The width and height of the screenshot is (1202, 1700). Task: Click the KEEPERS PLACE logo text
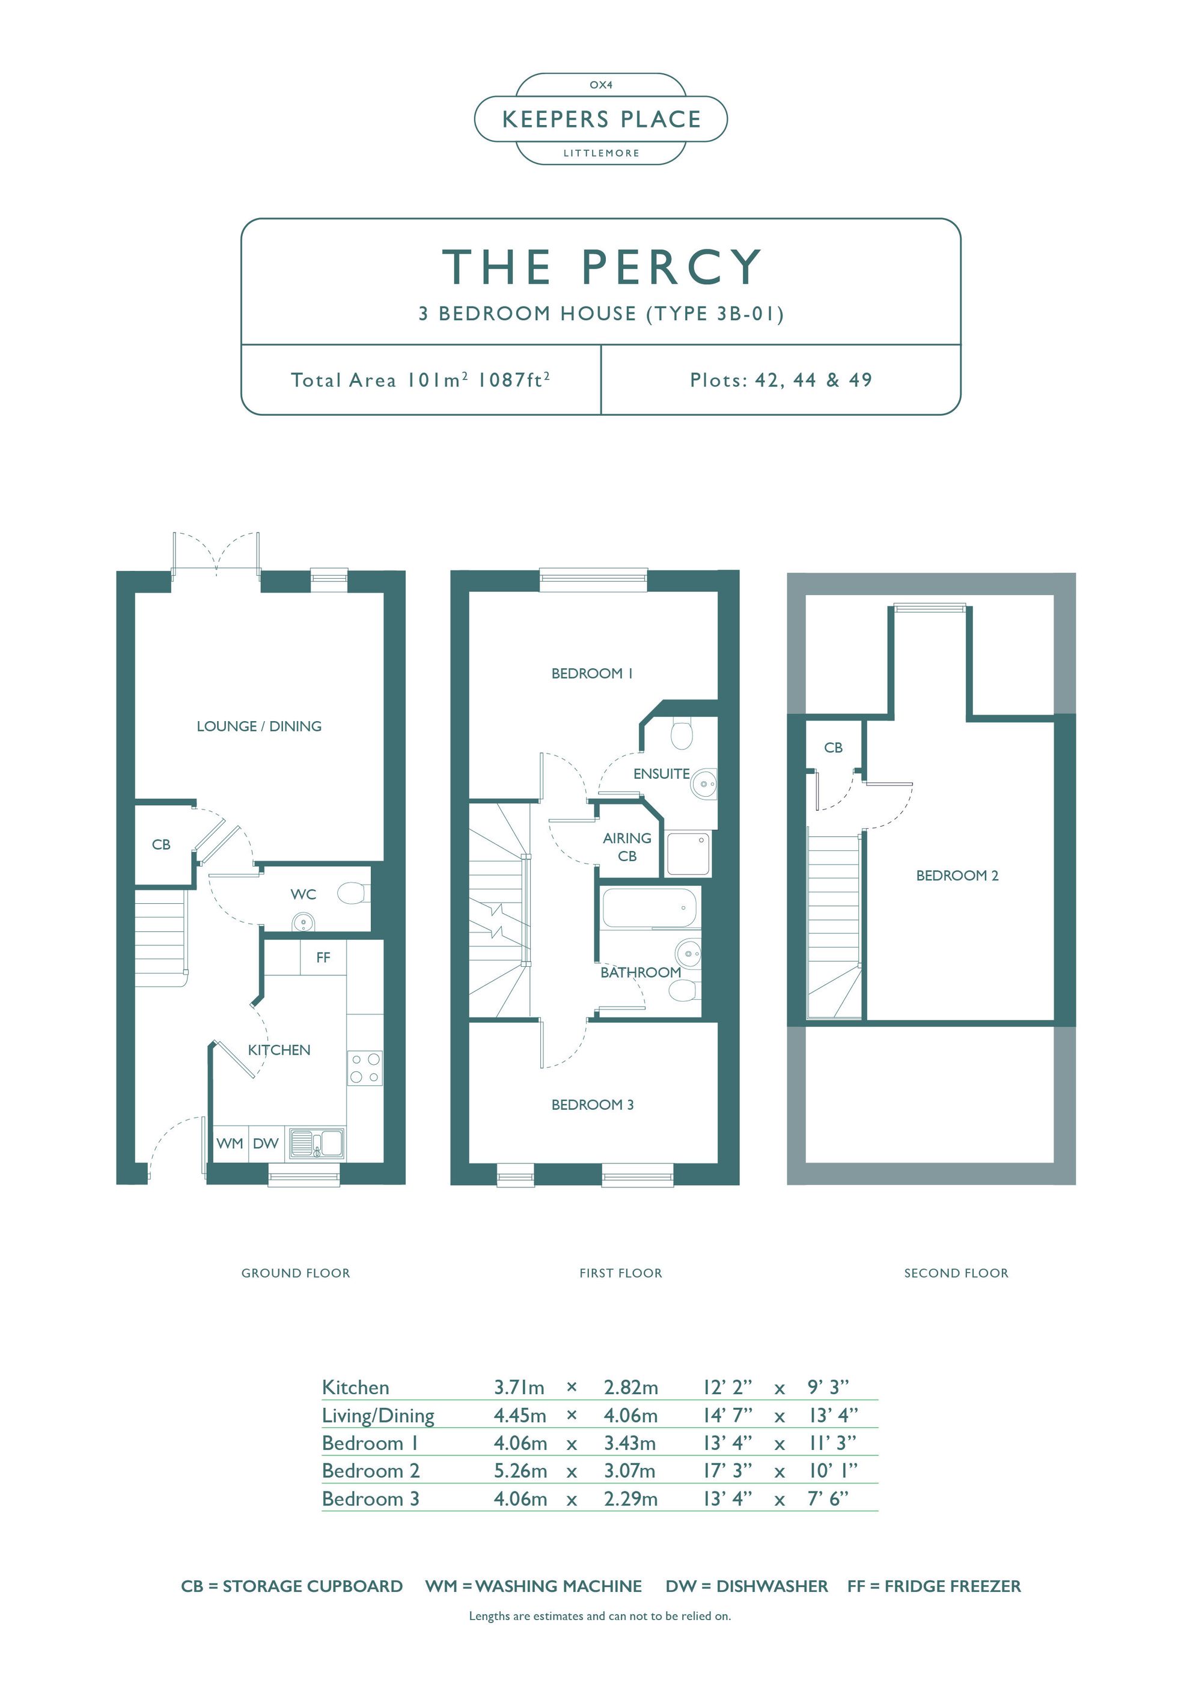pyautogui.click(x=600, y=119)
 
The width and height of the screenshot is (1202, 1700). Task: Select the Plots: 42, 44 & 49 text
pyautogui.click(x=781, y=380)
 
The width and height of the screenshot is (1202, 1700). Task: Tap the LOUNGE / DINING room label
pyautogui.click(x=259, y=727)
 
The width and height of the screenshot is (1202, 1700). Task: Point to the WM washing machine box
pyautogui.click(x=230, y=1143)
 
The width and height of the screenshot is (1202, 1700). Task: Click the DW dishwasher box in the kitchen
pyautogui.click(x=265, y=1143)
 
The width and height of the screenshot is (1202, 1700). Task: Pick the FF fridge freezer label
pyautogui.click(x=323, y=957)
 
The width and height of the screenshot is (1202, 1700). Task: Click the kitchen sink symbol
pyautogui.click(x=316, y=1143)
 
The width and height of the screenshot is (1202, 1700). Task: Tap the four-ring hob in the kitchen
pyautogui.click(x=364, y=1068)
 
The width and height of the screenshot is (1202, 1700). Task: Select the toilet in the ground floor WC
pyautogui.click(x=354, y=893)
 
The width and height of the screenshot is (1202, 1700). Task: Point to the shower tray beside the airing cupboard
pyautogui.click(x=688, y=854)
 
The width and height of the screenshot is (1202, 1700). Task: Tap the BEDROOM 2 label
pyautogui.click(x=957, y=875)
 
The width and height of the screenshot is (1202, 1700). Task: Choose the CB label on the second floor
pyautogui.click(x=833, y=748)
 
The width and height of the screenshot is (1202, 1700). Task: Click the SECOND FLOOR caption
pyautogui.click(x=956, y=1273)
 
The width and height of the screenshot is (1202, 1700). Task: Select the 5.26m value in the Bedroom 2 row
pyautogui.click(x=520, y=1470)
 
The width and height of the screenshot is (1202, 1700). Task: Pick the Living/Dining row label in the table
pyautogui.click(x=377, y=1416)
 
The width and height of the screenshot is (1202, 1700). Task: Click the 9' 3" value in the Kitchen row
pyautogui.click(x=828, y=1387)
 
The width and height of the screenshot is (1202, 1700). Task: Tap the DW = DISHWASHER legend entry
pyautogui.click(x=746, y=1586)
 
